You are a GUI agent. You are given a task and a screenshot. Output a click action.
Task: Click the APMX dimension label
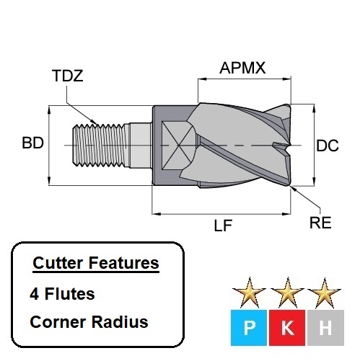click(243, 68)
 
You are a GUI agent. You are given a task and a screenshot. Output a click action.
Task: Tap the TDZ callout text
click(67, 76)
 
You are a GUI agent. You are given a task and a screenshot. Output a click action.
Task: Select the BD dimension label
click(32, 143)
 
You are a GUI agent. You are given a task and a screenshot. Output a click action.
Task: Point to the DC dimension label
click(328, 146)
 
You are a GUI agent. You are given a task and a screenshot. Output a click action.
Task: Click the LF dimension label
click(223, 226)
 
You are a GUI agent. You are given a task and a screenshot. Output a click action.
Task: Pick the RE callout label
click(320, 223)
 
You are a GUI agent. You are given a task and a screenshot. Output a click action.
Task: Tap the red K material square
click(287, 329)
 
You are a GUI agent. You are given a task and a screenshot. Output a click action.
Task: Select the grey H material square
click(325, 329)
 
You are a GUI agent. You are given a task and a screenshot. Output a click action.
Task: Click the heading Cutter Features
click(96, 264)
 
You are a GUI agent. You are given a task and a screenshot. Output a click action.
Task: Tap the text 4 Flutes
click(63, 294)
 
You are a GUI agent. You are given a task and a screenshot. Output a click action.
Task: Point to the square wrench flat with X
click(176, 144)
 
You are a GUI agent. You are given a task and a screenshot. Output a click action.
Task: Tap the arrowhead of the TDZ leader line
click(97, 120)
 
